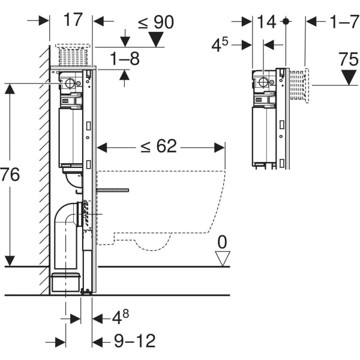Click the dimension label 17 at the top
click(73, 20)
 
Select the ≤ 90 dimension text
click(155, 22)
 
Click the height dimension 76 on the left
click(10, 175)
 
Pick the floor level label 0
click(222, 242)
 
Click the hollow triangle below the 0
click(223, 259)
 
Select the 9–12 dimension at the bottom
click(134, 341)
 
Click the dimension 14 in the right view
click(266, 22)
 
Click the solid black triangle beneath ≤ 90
click(157, 40)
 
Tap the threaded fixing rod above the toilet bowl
click(112, 190)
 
